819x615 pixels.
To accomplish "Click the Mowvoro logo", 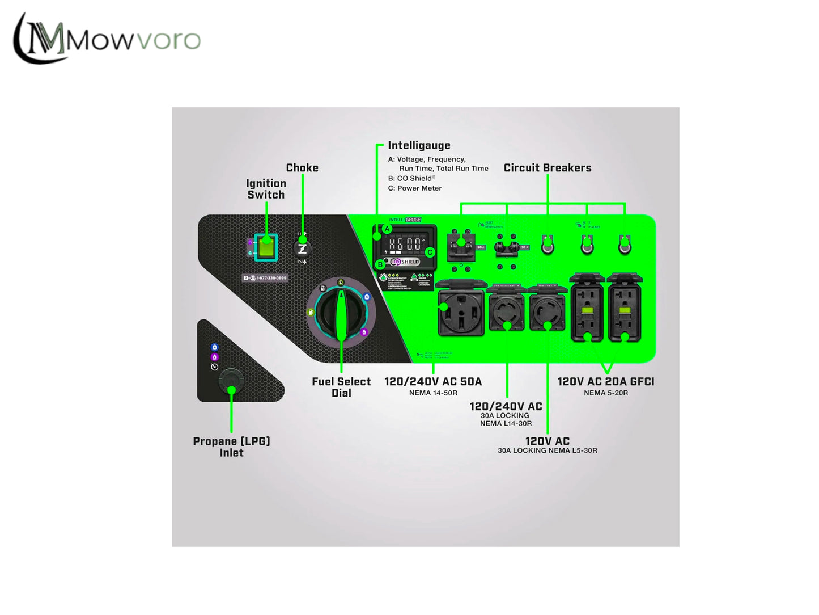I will [x=107, y=39].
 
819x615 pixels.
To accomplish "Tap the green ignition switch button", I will [x=266, y=247].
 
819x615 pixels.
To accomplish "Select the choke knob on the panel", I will [x=303, y=248].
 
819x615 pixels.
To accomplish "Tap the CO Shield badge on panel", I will [x=405, y=262].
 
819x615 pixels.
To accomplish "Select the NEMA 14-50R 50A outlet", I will [x=461, y=311].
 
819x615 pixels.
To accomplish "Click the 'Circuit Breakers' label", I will [x=548, y=168].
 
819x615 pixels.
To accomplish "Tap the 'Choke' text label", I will [x=302, y=168].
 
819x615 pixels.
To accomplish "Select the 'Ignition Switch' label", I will [x=266, y=189].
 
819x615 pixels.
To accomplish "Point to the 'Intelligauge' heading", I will [x=419, y=146].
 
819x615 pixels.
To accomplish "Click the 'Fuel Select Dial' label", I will [x=341, y=387].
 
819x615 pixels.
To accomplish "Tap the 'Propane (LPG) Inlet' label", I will [x=231, y=446].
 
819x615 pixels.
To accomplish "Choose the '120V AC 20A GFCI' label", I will [x=606, y=382].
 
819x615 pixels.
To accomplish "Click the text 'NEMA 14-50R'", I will [x=433, y=393].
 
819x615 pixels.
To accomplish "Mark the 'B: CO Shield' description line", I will [x=411, y=178].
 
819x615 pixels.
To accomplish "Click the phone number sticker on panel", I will [x=265, y=278].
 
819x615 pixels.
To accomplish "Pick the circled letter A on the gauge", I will [x=387, y=229].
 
